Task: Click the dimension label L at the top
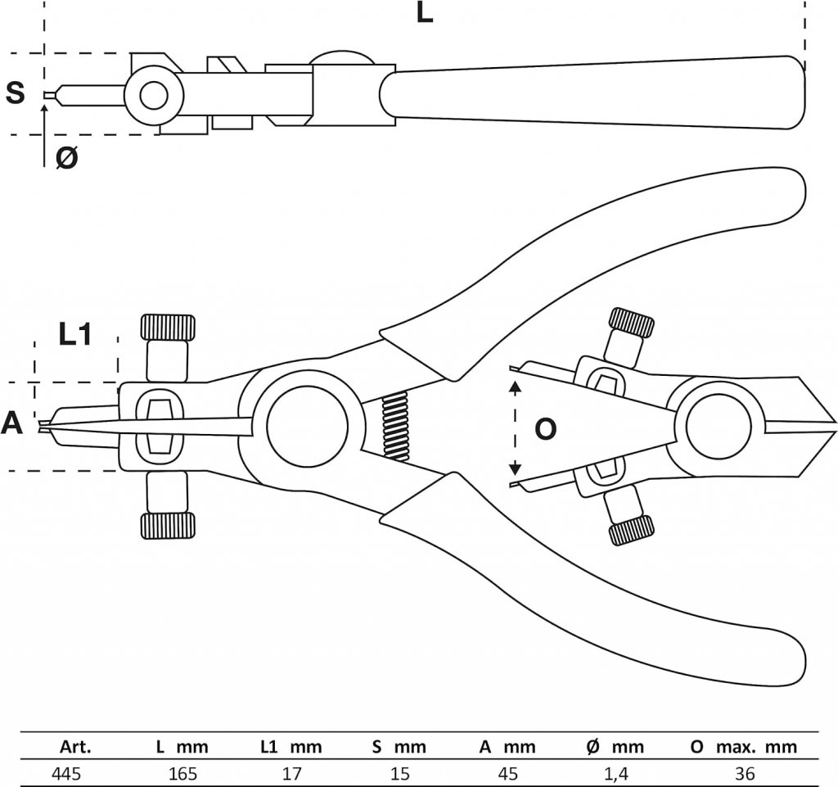424,13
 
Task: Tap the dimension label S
16,93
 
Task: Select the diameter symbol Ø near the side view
67,158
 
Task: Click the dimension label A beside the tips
12,423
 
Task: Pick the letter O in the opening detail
545,428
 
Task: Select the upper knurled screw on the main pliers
169,328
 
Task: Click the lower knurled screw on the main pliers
169,526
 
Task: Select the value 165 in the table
182,772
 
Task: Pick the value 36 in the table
744,772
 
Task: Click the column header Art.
75,747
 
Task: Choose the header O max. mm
744,747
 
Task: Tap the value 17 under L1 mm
291,772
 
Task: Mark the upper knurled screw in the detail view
633,323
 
